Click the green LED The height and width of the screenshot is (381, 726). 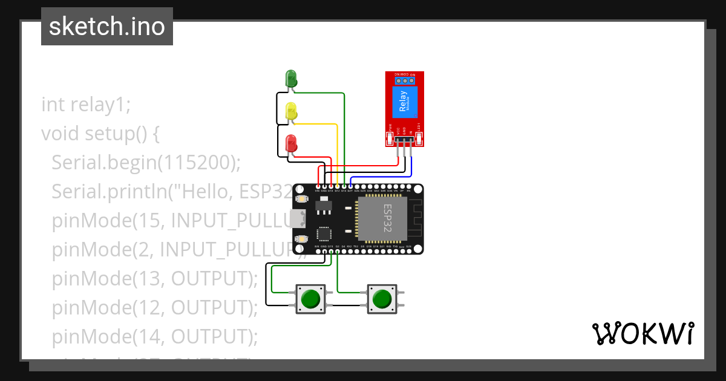point(291,79)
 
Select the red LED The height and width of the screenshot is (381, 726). point(291,144)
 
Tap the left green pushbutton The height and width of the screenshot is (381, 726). point(310,299)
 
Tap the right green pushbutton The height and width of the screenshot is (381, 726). point(382,299)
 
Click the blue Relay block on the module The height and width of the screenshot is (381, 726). point(404,102)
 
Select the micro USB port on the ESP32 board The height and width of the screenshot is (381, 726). point(296,219)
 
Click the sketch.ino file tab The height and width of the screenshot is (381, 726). point(107,27)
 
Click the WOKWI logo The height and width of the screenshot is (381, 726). point(643,333)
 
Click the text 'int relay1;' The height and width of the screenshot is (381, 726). point(86,104)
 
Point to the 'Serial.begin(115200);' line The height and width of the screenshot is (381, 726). point(146,162)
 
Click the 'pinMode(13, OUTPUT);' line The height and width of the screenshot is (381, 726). point(154,278)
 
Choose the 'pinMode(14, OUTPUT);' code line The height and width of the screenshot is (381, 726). point(154,336)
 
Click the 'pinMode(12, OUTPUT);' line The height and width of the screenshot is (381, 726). point(154,307)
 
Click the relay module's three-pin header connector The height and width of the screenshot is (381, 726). point(404,140)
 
